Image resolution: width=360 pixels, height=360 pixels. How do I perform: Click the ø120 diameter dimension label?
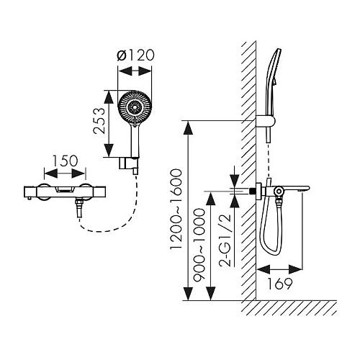[x=135, y=55]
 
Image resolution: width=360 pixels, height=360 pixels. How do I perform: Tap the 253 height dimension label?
[x=99, y=121]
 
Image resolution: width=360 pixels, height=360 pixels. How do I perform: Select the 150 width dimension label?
[x=65, y=161]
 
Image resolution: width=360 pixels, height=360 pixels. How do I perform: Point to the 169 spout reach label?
[x=279, y=284]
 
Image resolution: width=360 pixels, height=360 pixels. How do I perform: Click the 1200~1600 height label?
[x=176, y=209]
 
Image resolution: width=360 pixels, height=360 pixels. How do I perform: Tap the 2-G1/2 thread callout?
[x=225, y=240]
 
